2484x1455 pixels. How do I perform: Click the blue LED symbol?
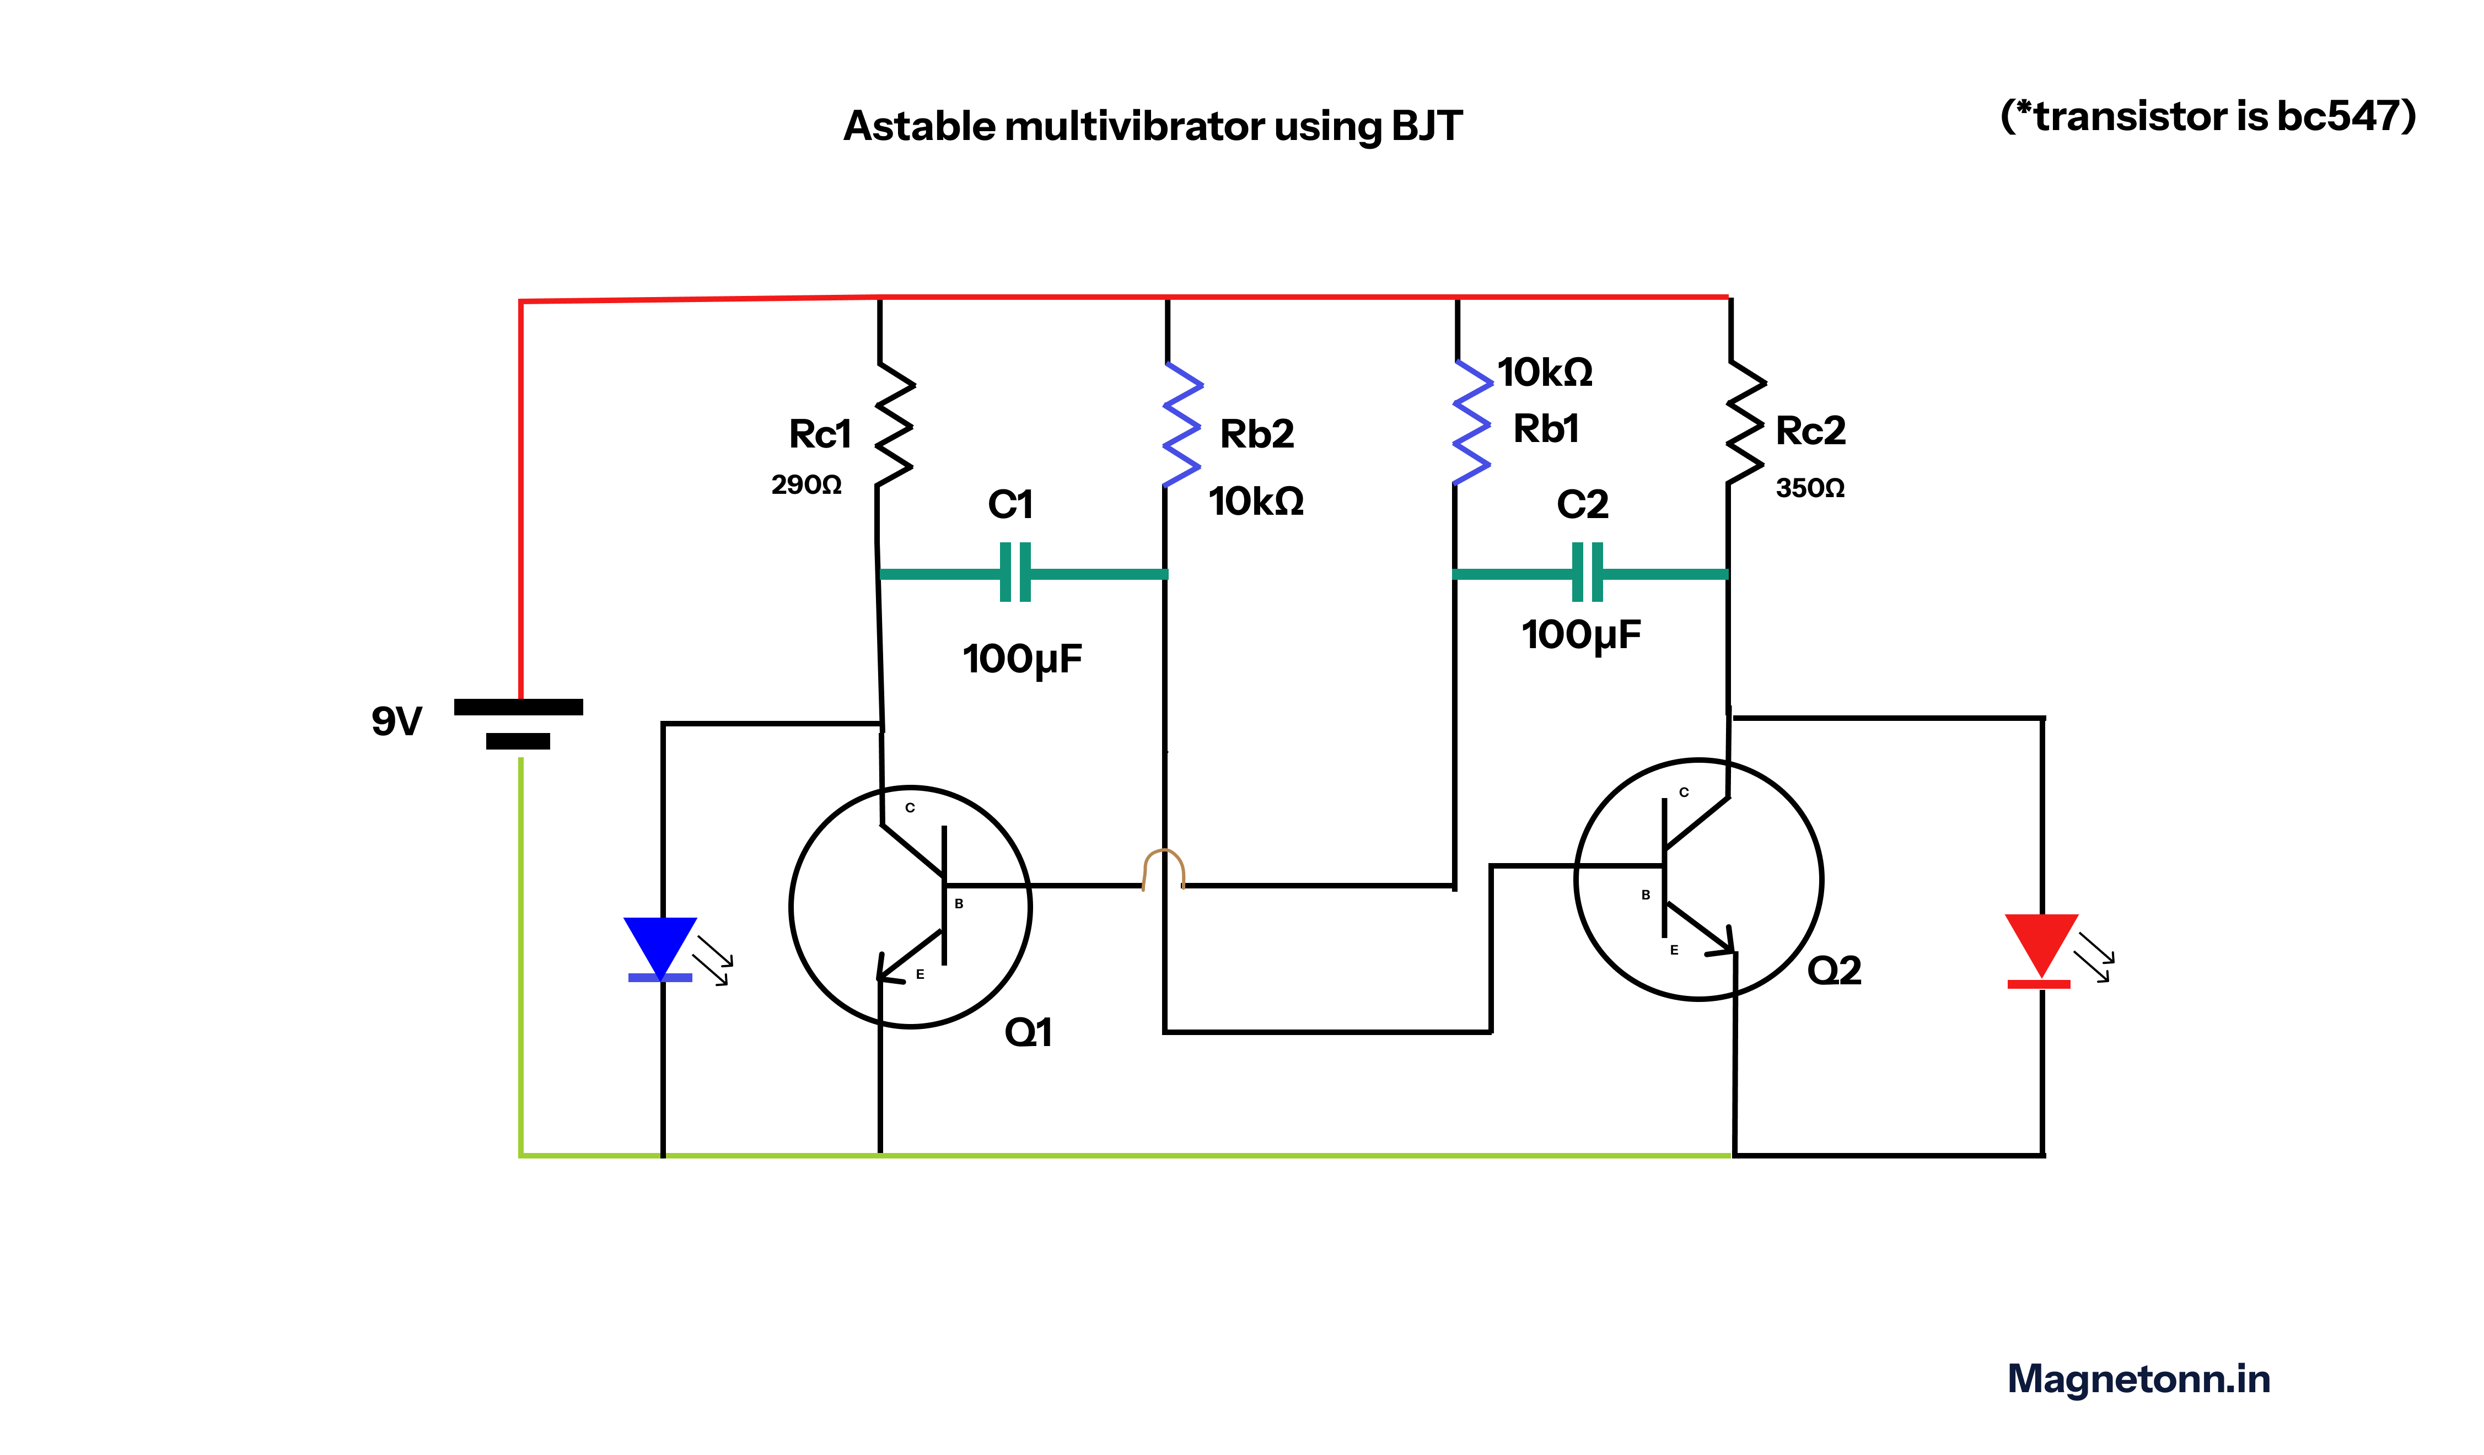(x=660, y=949)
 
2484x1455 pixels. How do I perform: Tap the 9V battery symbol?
(x=519, y=724)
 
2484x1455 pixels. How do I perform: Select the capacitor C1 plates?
(x=1015, y=573)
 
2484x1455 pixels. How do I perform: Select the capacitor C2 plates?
(x=1587, y=573)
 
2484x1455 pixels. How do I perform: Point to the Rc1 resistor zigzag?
(x=895, y=424)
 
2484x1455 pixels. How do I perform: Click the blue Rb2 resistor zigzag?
(x=1182, y=424)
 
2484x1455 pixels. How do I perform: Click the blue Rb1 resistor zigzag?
(x=1472, y=422)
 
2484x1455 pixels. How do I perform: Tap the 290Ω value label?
(x=807, y=485)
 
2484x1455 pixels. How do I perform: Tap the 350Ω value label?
(x=1810, y=488)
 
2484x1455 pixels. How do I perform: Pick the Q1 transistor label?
(x=1028, y=1032)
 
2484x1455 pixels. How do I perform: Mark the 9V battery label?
(x=396, y=721)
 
